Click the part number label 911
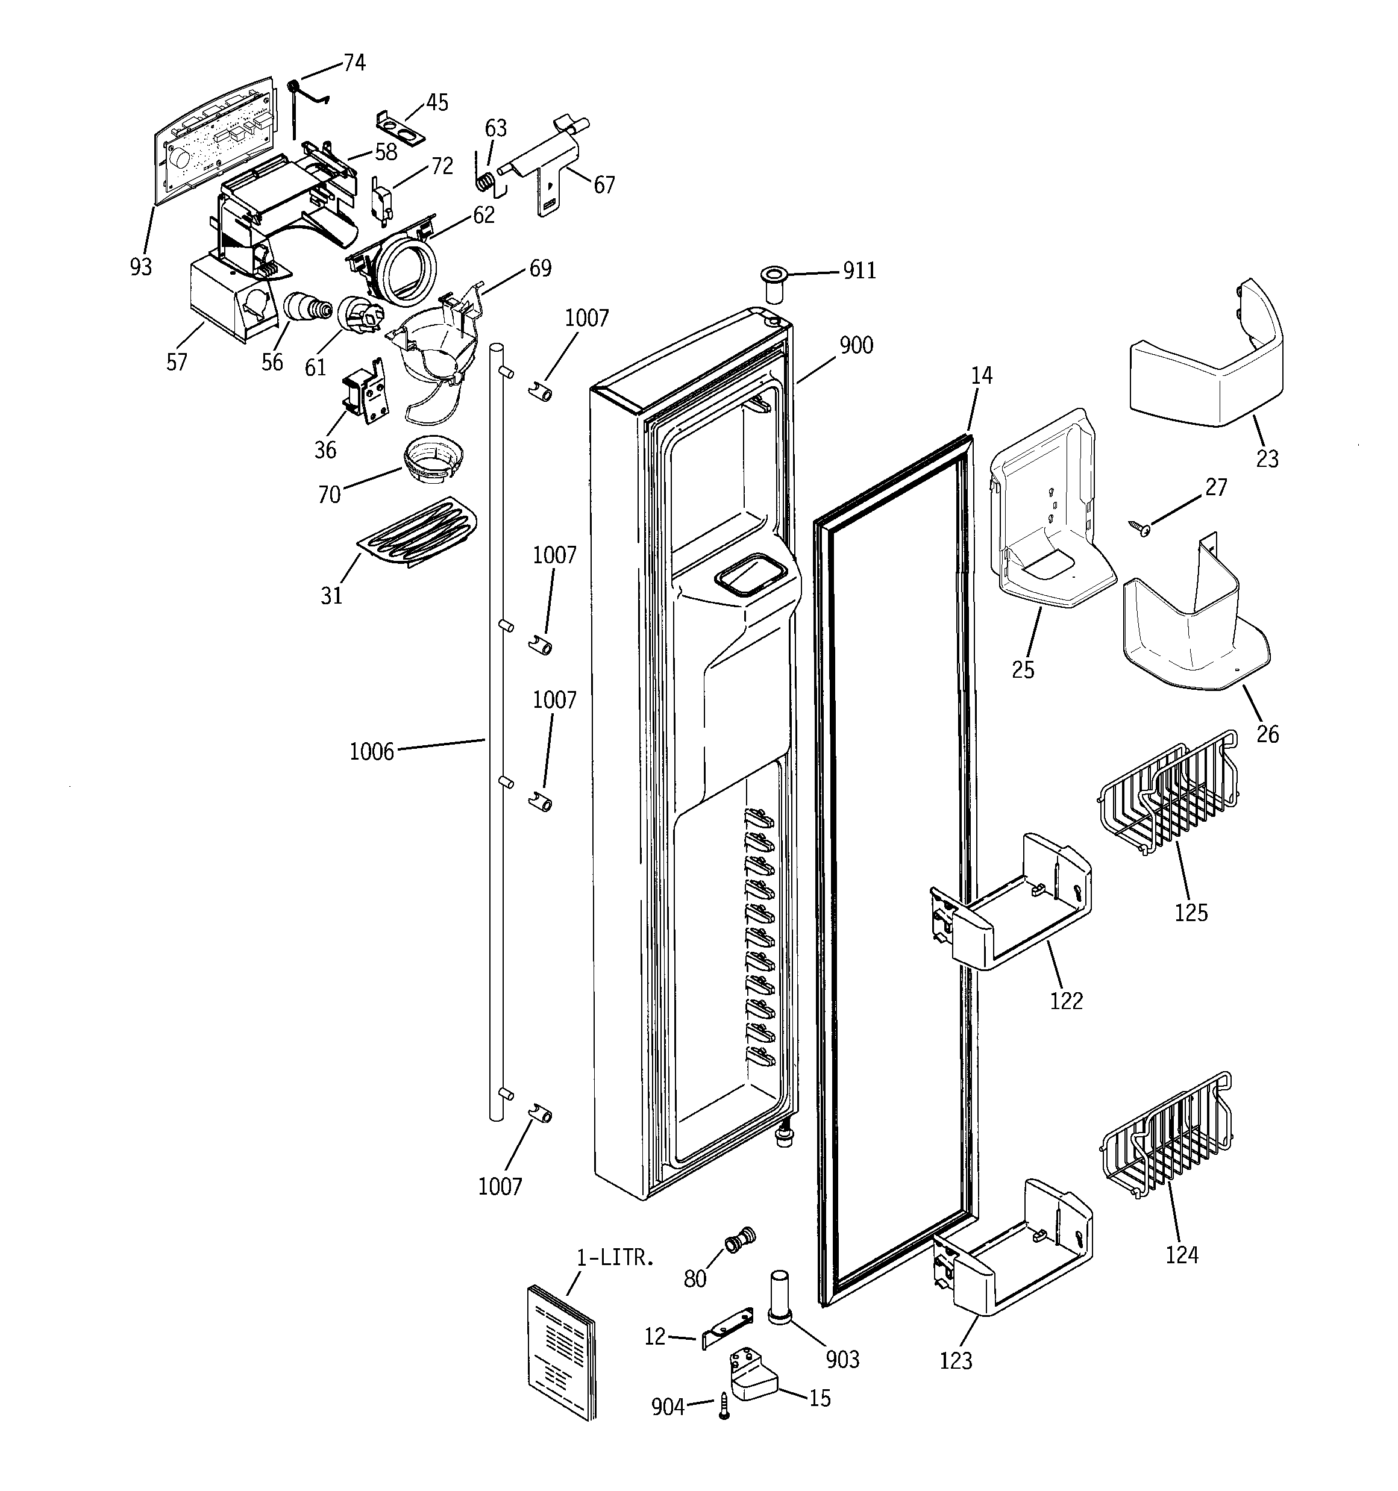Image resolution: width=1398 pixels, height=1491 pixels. point(859,270)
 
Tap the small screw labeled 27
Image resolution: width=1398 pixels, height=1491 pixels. point(1142,529)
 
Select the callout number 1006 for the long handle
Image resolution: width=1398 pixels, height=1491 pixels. point(371,751)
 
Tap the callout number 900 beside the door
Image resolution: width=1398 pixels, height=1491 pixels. point(856,346)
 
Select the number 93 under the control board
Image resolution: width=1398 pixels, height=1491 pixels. point(140,266)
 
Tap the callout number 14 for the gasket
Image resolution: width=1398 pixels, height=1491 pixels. point(981,376)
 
